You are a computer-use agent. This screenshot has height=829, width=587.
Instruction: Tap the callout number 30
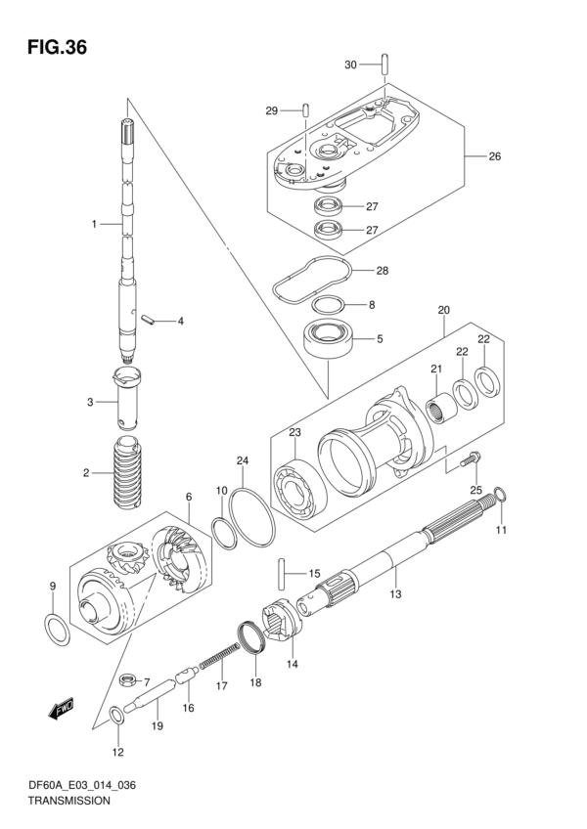[350, 65]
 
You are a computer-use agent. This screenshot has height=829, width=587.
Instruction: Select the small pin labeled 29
[306, 109]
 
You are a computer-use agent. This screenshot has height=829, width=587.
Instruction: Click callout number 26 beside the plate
[494, 155]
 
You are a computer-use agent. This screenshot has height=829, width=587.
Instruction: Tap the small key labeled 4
[149, 319]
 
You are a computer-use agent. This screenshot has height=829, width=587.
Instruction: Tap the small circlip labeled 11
[500, 500]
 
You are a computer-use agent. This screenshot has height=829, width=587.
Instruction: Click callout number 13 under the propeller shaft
[395, 593]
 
